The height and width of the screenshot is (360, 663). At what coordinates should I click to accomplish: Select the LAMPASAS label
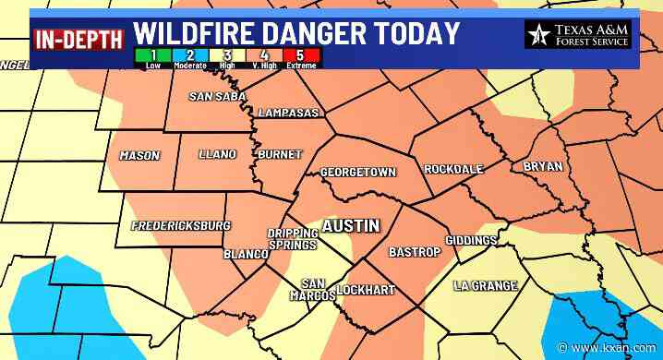289,114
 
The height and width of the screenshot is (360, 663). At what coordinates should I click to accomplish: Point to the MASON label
139,156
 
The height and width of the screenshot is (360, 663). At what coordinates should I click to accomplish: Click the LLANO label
217,154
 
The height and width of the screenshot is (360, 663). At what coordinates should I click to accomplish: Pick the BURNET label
280,154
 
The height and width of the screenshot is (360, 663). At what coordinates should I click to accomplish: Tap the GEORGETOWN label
357,173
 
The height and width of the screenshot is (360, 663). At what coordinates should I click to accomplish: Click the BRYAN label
542,167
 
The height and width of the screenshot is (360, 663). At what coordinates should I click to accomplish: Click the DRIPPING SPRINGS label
293,239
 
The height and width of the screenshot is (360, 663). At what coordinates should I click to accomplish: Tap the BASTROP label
411,251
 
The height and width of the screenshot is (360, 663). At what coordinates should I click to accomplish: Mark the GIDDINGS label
471,240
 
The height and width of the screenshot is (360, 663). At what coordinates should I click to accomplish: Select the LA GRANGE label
486,286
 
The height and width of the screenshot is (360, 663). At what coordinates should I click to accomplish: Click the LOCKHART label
365,291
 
